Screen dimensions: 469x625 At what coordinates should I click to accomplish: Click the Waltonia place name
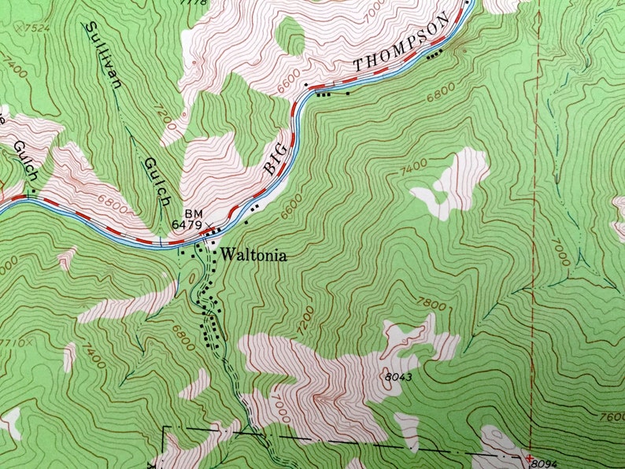point(253,255)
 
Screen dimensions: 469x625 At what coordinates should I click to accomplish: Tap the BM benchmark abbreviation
point(194,213)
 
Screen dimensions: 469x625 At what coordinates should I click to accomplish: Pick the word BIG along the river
point(273,161)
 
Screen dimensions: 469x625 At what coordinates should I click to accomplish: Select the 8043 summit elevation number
point(399,377)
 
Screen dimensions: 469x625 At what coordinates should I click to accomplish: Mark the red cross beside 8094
point(530,457)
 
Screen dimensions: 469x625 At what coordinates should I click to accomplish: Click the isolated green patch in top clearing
point(292,36)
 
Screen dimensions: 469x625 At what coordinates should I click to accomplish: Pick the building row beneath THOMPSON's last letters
point(434,54)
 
